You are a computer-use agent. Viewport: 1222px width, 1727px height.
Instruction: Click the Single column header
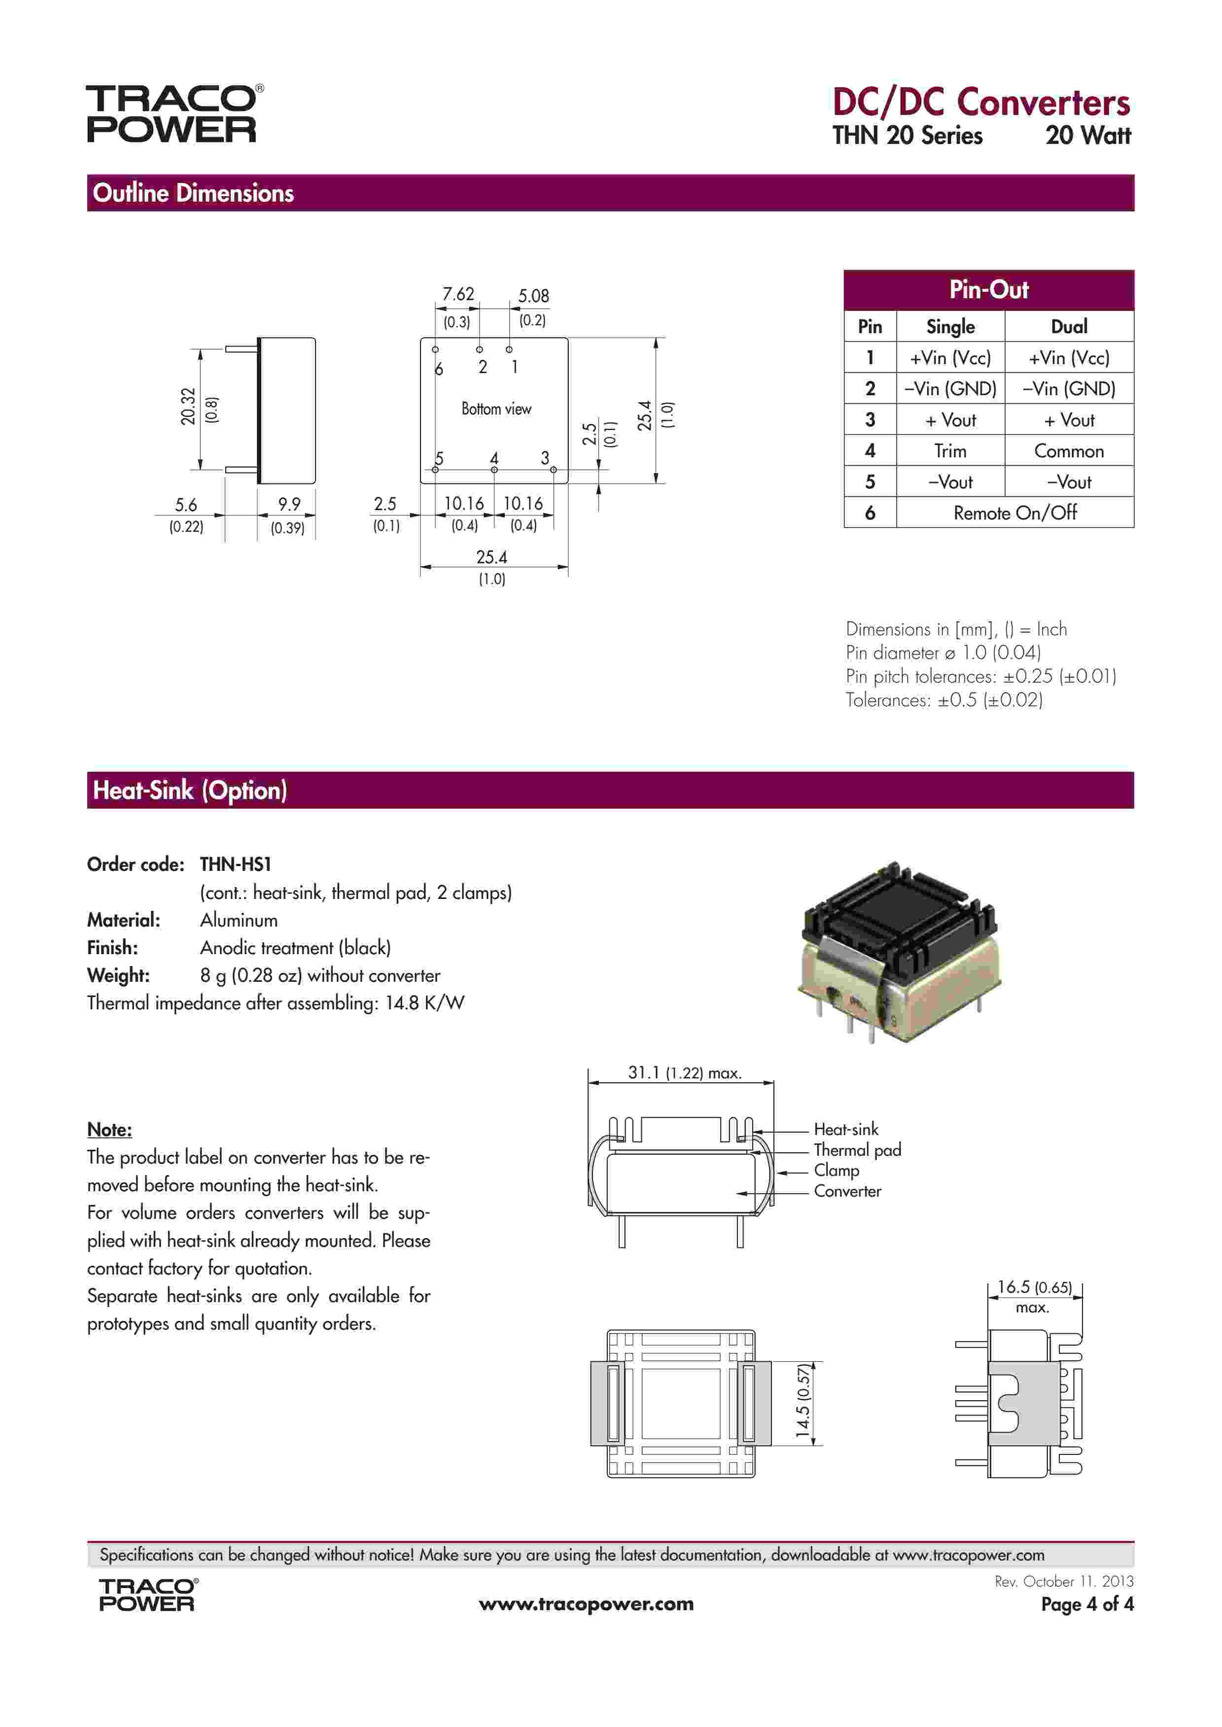tap(950, 326)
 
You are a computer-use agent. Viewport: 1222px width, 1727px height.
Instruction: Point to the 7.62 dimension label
tap(457, 294)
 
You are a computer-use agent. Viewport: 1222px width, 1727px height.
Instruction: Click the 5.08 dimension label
tap(533, 296)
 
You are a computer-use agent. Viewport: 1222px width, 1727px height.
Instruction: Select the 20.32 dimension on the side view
tap(188, 406)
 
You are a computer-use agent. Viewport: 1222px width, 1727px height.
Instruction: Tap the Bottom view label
tap(496, 409)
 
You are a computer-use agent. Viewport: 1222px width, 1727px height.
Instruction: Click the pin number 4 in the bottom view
tap(494, 458)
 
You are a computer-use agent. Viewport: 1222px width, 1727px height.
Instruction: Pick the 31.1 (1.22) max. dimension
tap(684, 1072)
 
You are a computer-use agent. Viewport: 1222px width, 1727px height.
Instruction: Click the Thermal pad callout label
tap(857, 1149)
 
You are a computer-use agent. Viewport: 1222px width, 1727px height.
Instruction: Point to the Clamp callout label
tap(836, 1171)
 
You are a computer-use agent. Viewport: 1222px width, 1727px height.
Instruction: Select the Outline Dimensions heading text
tap(193, 193)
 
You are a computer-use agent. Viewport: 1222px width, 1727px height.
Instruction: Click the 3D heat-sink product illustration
tap(900, 952)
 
